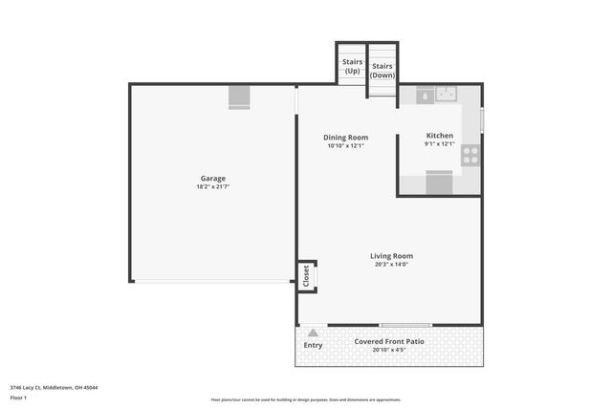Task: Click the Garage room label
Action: pyautogui.click(x=213, y=179)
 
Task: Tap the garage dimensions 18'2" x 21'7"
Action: pyautogui.click(x=213, y=187)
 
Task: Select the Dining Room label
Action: pyautogui.click(x=345, y=138)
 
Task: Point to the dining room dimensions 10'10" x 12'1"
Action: pyautogui.click(x=345, y=146)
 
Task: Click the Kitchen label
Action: pyautogui.click(x=439, y=136)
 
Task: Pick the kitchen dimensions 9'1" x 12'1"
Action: pyautogui.click(x=439, y=144)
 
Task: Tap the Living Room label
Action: pyautogui.click(x=391, y=256)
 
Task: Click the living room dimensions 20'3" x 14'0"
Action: pyautogui.click(x=391, y=265)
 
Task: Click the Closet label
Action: pyautogui.click(x=307, y=276)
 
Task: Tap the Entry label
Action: pyautogui.click(x=313, y=345)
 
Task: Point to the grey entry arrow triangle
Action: pyautogui.click(x=313, y=332)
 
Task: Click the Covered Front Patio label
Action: pyautogui.click(x=389, y=341)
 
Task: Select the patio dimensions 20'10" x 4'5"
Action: pyautogui.click(x=389, y=350)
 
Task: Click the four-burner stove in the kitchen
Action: pyautogui.click(x=470, y=155)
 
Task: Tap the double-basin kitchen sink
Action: pyautogui.click(x=447, y=94)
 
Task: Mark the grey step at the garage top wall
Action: pyautogui.click(x=239, y=97)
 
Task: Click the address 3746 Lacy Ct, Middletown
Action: pyautogui.click(x=54, y=387)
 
